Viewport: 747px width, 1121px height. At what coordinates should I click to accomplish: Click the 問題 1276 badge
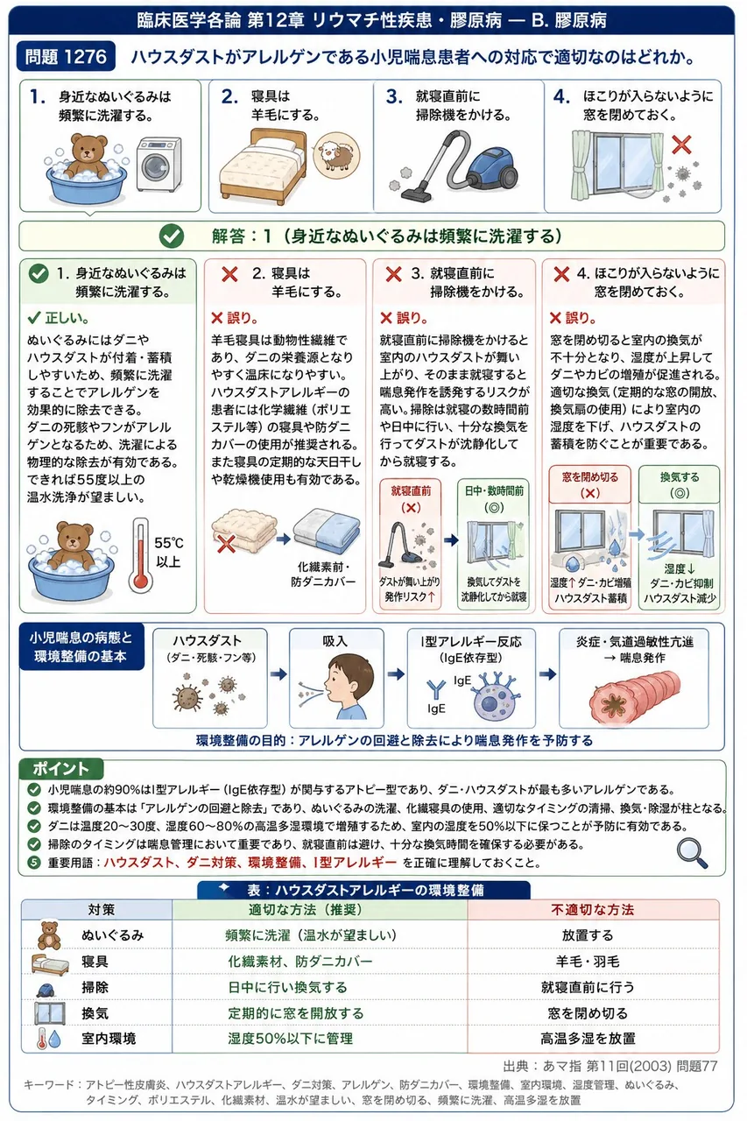point(66,57)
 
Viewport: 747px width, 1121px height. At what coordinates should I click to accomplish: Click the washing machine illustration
point(159,165)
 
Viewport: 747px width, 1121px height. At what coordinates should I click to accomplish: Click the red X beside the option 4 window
point(681,145)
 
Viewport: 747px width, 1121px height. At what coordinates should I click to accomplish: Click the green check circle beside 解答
point(172,236)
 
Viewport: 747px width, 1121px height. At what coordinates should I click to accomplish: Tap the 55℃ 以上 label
point(168,552)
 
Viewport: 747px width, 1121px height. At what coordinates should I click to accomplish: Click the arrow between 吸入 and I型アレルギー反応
point(395,674)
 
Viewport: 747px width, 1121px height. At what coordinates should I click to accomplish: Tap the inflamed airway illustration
point(634,693)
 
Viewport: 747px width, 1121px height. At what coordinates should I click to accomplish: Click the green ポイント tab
point(60,769)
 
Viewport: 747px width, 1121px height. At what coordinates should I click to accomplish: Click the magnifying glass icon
point(693,853)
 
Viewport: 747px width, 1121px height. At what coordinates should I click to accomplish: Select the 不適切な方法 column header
point(592,909)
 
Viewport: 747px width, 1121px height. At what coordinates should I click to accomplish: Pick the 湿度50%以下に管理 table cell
point(291,1039)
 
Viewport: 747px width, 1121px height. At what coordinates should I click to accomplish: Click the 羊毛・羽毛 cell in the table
point(588,961)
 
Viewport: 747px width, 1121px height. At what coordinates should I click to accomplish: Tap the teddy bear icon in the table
point(49,934)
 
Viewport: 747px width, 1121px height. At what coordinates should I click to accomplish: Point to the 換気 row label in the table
point(95,1013)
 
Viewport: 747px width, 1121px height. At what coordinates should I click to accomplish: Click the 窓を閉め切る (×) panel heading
point(590,485)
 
